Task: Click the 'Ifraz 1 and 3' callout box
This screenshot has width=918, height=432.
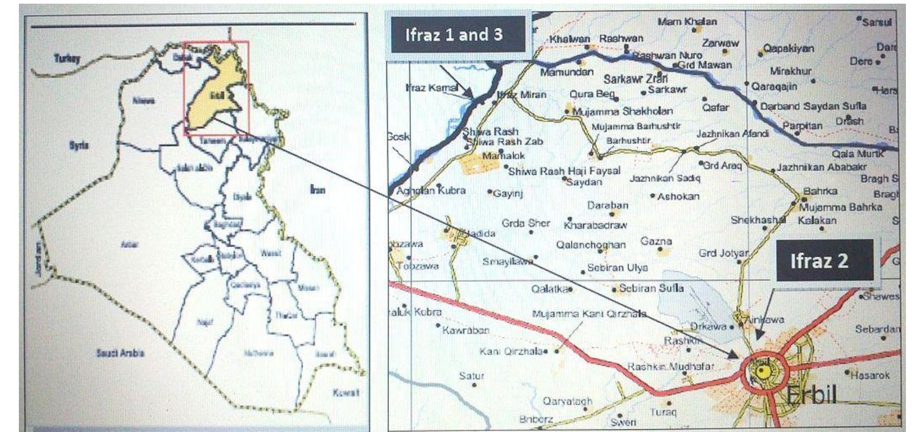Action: point(458,35)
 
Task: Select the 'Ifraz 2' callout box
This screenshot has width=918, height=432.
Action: point(824,261)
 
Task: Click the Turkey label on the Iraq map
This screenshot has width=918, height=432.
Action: point(67,58)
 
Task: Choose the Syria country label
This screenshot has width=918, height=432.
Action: point(79,145)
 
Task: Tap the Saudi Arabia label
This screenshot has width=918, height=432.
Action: point(120,353)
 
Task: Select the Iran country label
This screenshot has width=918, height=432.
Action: point(318,189)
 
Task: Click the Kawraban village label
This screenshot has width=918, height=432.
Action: point(465,330)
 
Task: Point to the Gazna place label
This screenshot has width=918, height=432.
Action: point(656,241)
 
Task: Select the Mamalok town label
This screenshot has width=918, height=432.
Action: point(503,156)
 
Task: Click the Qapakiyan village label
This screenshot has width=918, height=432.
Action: point(788,48)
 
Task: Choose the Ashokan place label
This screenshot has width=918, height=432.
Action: point(678,196)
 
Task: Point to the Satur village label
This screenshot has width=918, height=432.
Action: point(471,376)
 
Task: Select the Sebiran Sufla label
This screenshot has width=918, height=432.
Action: point(651,288)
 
